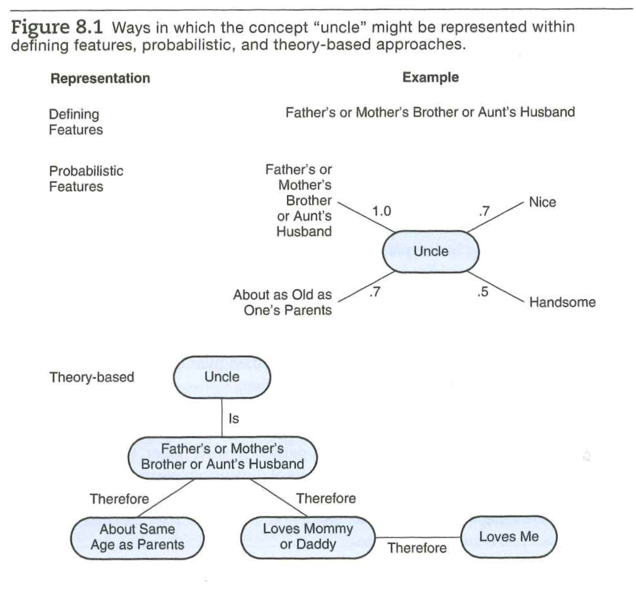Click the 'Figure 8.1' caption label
click(57, 27)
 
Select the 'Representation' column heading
click(100, 78)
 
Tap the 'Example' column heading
click(430, 77)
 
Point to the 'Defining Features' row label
click(76, 122)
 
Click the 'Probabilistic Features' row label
click(86, 178)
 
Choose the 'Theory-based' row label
click(91, 377)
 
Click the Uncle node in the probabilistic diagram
click(430, 251)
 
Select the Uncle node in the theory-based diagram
click(222, 377)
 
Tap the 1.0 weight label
click(381, 211)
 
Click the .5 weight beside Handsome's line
click(482, 292)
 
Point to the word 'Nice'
click(542, 202)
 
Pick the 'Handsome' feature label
click(562, 302)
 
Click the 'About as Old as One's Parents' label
click(282, 302)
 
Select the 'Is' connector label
click(234, 418)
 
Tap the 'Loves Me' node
click(509, 537)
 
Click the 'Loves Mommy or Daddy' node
click(308, 537)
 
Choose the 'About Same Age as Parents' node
click(137, 537)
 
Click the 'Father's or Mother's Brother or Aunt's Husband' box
click(222, 456)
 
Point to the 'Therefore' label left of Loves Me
click(417, 548)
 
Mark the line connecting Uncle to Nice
click(496, 216)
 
